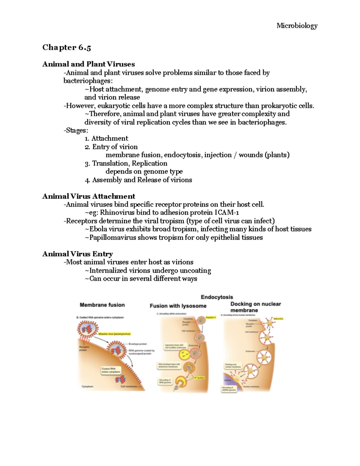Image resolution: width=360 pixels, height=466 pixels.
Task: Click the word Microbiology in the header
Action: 297,26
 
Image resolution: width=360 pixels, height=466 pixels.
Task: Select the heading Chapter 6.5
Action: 67,47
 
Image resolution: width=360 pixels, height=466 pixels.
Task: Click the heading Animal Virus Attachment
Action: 89,196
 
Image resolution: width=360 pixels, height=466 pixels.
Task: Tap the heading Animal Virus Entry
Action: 78,254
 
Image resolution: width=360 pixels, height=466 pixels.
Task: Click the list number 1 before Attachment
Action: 87,139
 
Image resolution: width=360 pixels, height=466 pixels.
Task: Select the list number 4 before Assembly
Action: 87,180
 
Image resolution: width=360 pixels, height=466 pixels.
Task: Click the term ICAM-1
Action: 227,213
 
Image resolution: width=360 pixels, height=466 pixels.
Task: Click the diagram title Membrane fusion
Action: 102,305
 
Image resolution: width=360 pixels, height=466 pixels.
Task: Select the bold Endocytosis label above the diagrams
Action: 217,297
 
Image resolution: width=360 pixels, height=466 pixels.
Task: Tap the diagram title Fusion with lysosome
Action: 178,306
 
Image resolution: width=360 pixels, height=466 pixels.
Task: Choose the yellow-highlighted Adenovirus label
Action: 278,319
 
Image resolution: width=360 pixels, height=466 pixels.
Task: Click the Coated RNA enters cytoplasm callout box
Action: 111,370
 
